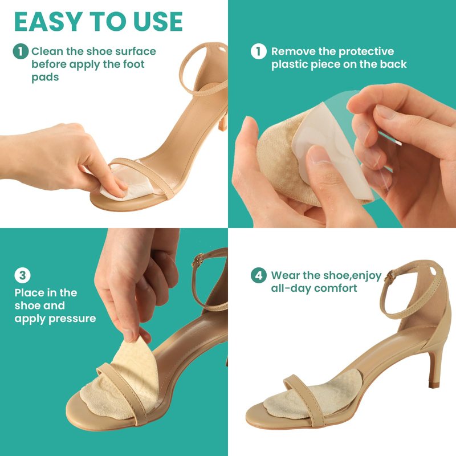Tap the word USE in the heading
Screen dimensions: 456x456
pyautogui.click(x=158, y=22)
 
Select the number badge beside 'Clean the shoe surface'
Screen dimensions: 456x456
pyautogui.click(x=21, y=51)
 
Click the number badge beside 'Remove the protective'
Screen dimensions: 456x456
pyautogui.click(x=259, y=51)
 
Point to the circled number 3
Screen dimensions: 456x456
pyautogui.click(x=22, y=275)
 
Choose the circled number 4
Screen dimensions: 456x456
pyautogui.click(x=259, y=275)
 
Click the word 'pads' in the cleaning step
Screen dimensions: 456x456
pyautogui.click(x=45, y=78)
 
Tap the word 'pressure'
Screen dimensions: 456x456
pyautogui.click(x=72, y=319)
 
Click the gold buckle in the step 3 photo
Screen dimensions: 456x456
pyautogui.click(x=198, y=260)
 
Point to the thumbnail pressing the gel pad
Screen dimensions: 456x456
pyautogui.click(x=319, y=153)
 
